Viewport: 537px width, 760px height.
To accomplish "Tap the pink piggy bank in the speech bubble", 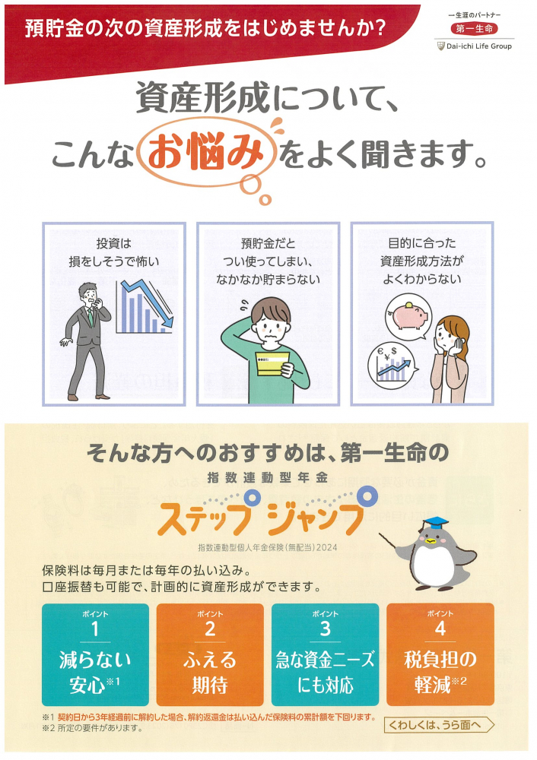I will (x=409, y=311).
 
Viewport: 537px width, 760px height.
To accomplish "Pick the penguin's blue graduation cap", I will (x=435, y=522).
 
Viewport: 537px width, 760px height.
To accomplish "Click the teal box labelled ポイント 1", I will (x=96, y=654).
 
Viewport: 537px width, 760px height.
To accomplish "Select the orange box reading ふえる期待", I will (x=210, y=654).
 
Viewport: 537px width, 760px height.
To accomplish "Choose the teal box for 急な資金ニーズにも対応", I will (x=325, y=654).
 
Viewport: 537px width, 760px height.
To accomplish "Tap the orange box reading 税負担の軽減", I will (x=440, y=654).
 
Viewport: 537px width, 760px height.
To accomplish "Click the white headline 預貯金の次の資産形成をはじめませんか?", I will (x=205, y=30).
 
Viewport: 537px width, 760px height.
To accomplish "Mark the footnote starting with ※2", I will (x=94, y=728).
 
